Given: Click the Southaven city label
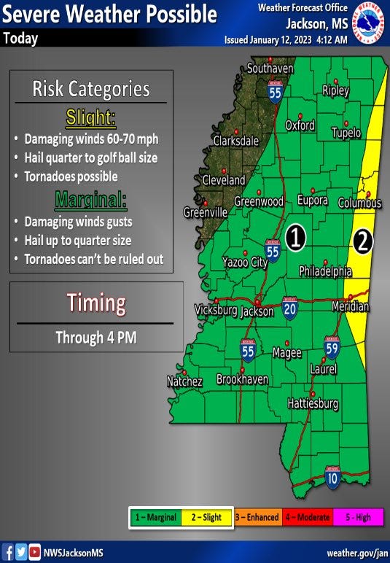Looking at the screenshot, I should [x=270, y=69].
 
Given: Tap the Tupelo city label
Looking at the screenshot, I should [x=346, y=133].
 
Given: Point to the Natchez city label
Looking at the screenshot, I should [x=184, y=381].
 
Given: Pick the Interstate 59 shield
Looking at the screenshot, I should [x=332, y=346].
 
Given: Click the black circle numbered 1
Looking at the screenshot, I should [x=295, y=236].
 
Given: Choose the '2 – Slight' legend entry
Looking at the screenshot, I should [x=206, y=517].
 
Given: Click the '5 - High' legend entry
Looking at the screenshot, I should [x=358, y=517].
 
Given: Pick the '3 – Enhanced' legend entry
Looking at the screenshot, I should [x=257, y=517].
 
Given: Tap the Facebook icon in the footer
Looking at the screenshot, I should [x=7, y=552].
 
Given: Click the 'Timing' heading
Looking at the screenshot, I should [x=96, y=303].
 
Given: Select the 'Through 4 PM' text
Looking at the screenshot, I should [x=95, y=338].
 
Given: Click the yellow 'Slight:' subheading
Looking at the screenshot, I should [x=91, y=117].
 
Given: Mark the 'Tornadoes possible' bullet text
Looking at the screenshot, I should [x=71, y=176].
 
